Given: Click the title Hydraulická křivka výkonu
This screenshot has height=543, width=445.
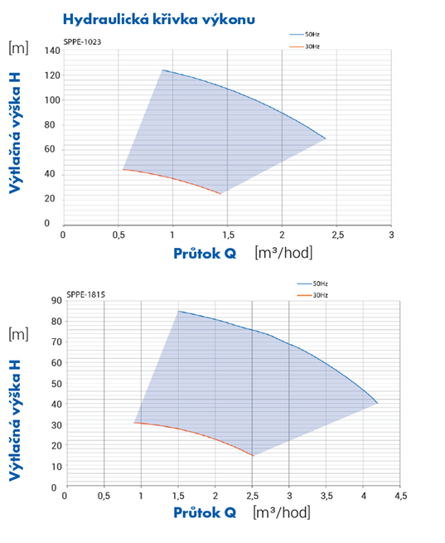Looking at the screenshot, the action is point(159,19).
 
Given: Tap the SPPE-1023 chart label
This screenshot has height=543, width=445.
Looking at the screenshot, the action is point(82,42).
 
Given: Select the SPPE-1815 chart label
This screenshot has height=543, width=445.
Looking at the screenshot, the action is point(86,294).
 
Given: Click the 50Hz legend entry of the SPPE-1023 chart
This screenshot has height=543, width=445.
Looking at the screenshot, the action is point(304,34).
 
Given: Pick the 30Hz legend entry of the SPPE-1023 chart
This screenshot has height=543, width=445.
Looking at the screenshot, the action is point(304,46).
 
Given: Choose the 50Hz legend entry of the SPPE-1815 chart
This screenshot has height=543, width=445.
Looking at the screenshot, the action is point(312,284).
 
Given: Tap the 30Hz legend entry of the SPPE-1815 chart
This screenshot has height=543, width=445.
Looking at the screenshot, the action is point(312,295).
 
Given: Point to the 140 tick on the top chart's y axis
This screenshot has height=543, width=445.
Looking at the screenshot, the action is point(52,51).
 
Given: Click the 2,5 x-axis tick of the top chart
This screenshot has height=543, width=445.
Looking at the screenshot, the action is point(338,235).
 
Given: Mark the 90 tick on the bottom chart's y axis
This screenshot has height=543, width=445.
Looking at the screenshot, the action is point(56,300).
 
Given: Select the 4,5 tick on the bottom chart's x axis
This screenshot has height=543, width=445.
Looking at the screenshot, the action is point(401,496).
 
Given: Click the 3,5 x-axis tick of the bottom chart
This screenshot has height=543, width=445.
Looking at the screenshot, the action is point(326,496).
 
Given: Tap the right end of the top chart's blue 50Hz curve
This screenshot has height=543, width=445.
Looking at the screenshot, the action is point(326,139).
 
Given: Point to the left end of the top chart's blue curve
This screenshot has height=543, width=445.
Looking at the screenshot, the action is point(162,70).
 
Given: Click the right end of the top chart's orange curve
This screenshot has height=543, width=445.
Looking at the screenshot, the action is point(220,194).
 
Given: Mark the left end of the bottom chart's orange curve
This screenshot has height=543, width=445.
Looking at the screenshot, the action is point(134,423).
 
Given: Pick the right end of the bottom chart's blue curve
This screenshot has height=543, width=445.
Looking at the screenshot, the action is point(378,403).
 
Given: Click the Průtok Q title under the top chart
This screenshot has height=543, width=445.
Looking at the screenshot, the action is point(205,254).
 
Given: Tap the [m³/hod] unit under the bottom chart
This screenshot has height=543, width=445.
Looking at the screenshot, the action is point(282,512).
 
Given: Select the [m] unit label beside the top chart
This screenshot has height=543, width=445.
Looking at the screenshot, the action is point(18,47).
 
